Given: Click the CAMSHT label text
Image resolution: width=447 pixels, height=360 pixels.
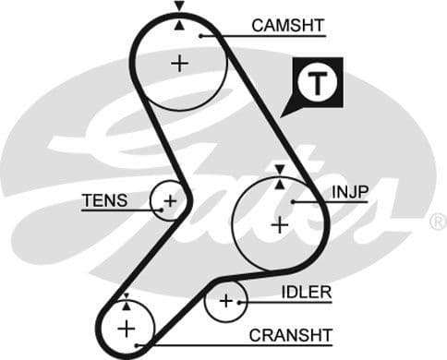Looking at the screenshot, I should click(x=288, y=25).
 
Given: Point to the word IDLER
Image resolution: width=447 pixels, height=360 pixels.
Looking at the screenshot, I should click(x=306, y=293).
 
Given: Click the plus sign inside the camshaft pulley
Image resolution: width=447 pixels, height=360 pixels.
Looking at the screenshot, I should click(x=178, y=63).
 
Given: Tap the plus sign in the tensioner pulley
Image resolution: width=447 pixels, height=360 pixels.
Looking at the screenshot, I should click(x=170, y=200).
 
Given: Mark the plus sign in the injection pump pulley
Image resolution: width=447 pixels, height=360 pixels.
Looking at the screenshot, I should click(x=279, y=223).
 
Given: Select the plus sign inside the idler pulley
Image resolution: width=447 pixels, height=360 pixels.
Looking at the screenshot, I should click(x=226, y=301).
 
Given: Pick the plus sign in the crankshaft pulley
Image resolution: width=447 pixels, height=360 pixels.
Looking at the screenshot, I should click(x=126, y=328).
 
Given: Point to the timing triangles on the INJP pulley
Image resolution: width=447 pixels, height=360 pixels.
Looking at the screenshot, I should click(x=279, y=176).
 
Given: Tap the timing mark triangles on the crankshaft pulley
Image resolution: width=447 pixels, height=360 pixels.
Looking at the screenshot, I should click(x=126, y=301).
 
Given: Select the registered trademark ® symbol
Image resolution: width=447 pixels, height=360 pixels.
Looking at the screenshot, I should click(x=438, y=222).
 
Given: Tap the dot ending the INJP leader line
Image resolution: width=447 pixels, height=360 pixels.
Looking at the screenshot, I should click(x=294, y=201).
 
